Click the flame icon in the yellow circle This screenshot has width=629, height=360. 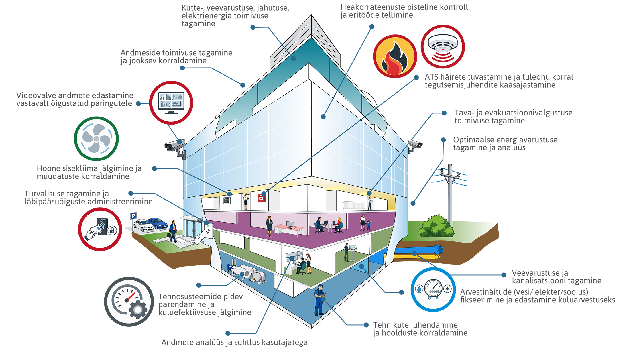(x=395, y=56)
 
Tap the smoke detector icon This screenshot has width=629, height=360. (x=443, y=47)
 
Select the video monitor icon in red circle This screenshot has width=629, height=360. (x=171, y=103)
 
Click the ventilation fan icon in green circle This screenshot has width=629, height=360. (x=96, y=139)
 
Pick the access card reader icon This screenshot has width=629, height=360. (x=100, y=229)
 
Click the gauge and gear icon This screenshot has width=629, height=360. (x=129, y=302)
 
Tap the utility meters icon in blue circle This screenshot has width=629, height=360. (x=433, y=290)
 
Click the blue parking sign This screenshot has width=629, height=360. (x=133, y=216)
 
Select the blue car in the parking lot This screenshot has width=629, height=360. (x=157, y=223)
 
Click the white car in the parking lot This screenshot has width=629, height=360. (x=144, y=225)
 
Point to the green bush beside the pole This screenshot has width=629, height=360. (x=436, y=226)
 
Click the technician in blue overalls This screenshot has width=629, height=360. (x=319, y=300)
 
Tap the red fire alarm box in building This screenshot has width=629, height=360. (x=262, y=198)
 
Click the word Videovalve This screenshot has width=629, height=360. (x=34, y=95)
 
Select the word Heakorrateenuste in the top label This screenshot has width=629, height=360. (x=374, y=7)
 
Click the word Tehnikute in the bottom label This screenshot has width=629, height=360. (x=391, y=325)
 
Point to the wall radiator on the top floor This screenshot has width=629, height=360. (x=354, y=205)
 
